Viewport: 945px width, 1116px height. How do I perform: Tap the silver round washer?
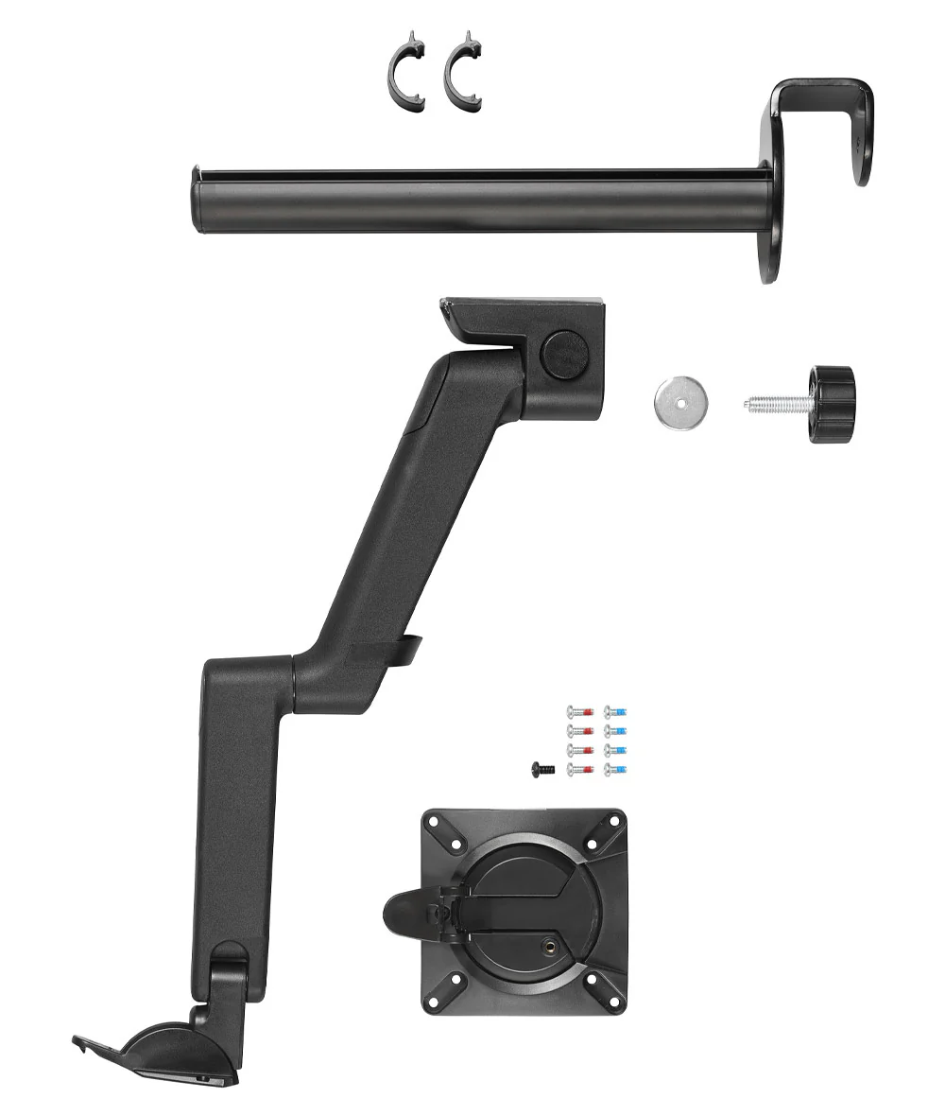[679, 404]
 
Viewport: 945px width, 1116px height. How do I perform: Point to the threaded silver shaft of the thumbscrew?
[776, 405]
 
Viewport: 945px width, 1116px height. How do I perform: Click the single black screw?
[541, 770]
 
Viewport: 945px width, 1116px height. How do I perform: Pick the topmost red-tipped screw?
[577, 712]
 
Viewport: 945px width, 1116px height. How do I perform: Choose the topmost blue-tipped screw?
[615, 712]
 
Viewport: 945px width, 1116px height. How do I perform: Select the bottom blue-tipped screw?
[615, 770]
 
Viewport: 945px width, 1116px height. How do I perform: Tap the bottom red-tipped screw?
[577, 770]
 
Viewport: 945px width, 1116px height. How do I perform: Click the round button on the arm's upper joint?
[564, 355]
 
